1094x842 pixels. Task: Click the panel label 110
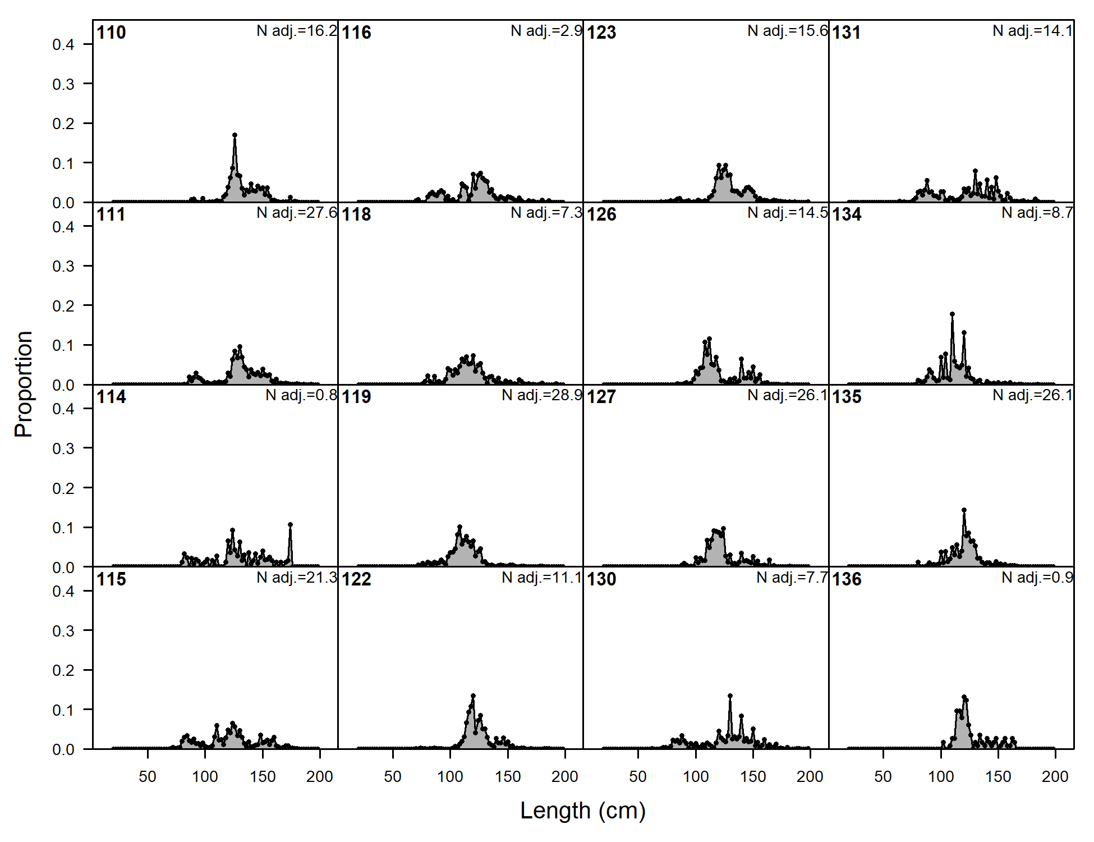point(111,33)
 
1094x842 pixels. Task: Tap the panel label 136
point(847,579)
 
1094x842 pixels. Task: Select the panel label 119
point(356,397)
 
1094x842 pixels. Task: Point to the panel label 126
point(601,214)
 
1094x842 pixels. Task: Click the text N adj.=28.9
point(542,395)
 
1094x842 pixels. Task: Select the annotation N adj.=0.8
point(301,395)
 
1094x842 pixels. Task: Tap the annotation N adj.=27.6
point(297,213)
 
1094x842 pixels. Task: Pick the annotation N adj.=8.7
point(1037,213)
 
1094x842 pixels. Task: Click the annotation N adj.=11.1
point(542,578)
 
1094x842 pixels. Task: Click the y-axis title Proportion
point(24,384)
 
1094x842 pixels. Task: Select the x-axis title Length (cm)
point(583,811)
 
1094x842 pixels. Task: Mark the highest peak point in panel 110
point(235,135)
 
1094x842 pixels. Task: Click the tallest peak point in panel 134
point(952,314)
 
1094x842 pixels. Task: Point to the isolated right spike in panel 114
point(290,525)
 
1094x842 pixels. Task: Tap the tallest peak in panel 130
point(730,696)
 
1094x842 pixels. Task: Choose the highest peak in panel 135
point(964,510)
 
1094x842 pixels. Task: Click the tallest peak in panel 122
point(473,696)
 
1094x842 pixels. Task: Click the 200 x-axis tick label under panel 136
point(1055,777)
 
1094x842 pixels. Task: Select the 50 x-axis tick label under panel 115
point(148,777)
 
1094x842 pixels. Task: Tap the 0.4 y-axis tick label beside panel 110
point(63,45)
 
